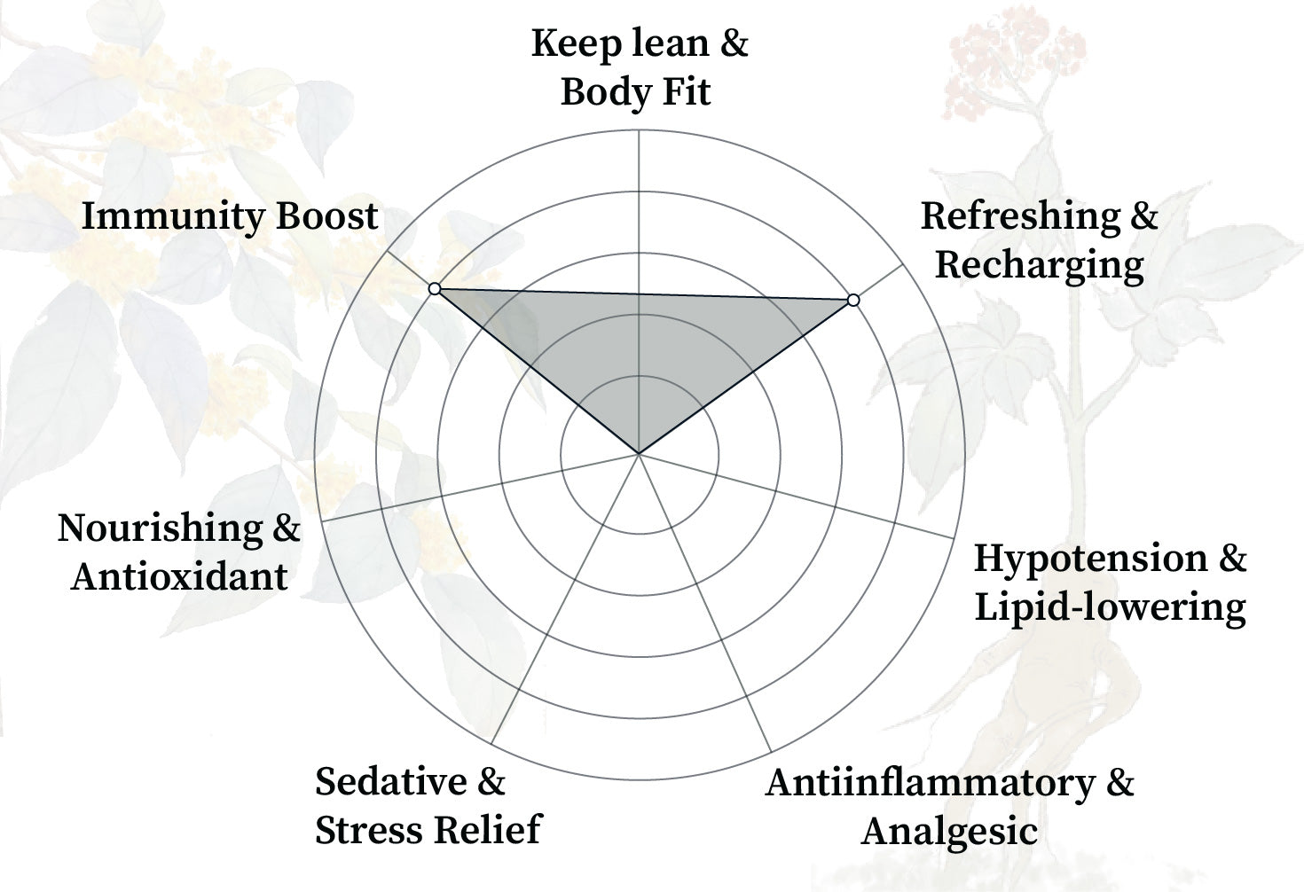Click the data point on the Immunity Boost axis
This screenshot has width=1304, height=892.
434,289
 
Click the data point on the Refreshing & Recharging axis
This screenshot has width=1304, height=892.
853,301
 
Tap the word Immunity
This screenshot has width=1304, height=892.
164,216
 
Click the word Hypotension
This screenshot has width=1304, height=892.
1090,559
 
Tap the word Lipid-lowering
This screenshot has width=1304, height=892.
1110,607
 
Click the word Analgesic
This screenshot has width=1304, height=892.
949,832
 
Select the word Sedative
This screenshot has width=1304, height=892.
390,782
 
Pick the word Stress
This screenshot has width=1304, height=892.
364,831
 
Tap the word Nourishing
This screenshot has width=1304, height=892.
160,528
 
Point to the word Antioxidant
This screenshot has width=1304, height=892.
179,577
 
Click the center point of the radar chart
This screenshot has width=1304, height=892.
639,454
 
